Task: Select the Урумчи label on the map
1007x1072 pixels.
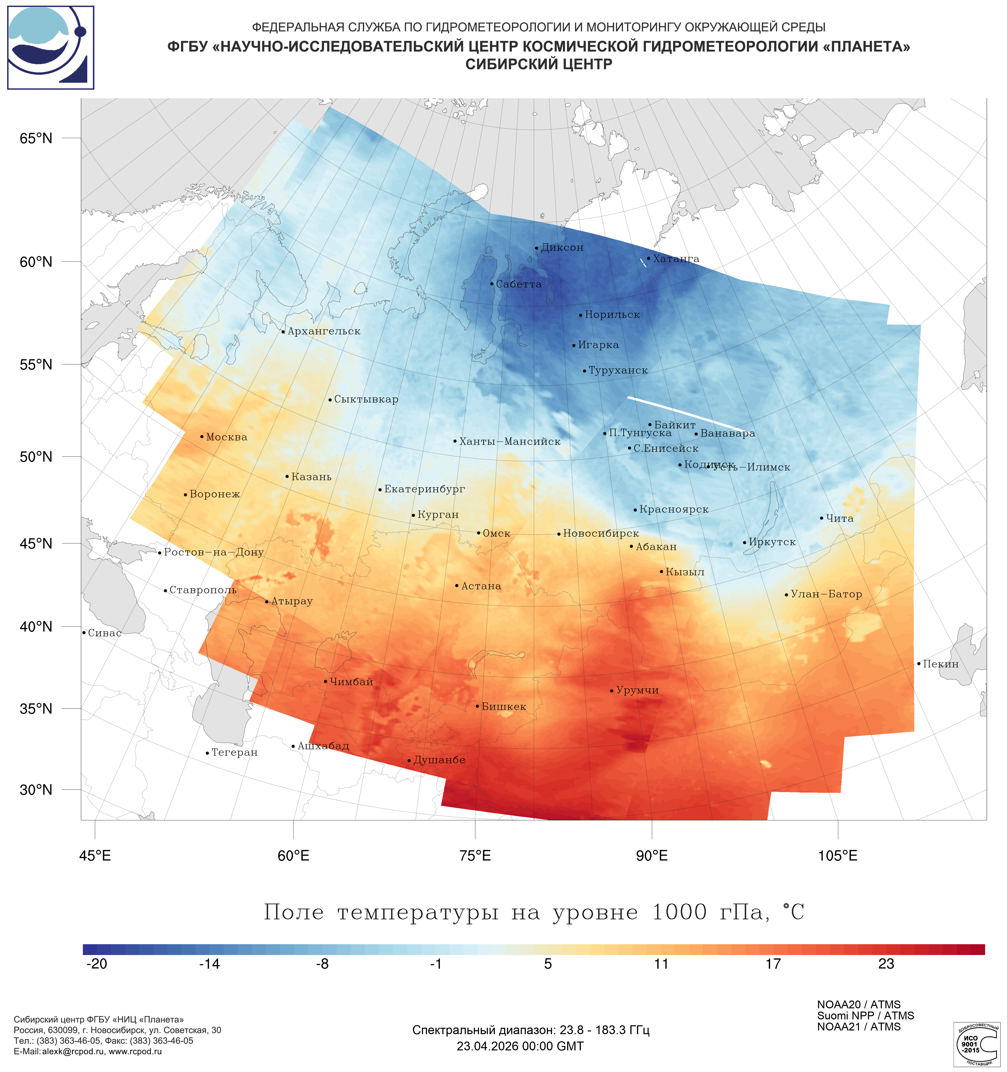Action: (637, 690)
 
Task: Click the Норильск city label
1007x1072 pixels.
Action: (612, 315)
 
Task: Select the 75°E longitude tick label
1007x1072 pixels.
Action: (475, 856)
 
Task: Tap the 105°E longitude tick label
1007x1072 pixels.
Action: (838, 856)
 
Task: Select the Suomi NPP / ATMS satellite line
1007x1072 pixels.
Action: (865, 1016)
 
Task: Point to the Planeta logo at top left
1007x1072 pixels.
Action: (51, 47)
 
